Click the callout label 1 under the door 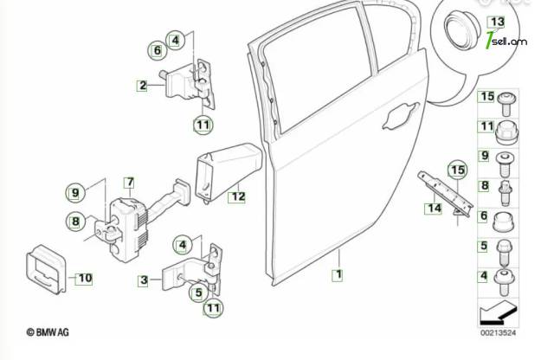tap(338, 274)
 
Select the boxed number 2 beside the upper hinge tap(142, 85)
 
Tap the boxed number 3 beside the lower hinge tap(143, 280)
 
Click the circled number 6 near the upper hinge tap(158, 50)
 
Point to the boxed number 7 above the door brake tap(131, 182)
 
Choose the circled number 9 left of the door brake tap(75, 193)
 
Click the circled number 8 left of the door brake tap(75, 222)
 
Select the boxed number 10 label tap(85, 278)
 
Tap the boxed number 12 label tap(237, 196)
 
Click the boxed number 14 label tap(434, 208)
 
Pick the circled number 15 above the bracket tap(457, 170)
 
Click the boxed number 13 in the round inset tap(497, 22)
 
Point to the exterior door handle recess tap(401, 115)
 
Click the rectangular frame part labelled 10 tap(46, 269)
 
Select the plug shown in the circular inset tap(462, 30)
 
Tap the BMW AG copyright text tap(48, 332)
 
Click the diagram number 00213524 tap(498, 333)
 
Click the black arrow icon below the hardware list tap(498, 312)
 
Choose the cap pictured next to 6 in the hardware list tap(504, 222)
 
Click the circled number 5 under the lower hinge tap(198, 292)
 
